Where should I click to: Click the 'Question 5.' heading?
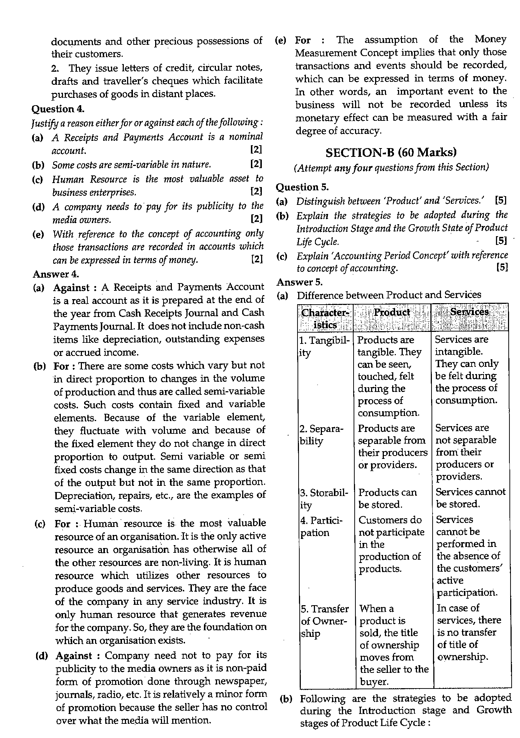coord(302,187)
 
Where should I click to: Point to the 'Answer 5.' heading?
coord(300,282)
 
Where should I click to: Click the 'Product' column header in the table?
coord(392,313)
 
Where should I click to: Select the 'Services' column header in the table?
coord(469,312)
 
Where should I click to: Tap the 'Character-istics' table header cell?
coord(325,318)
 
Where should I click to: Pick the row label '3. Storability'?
coord(324,499)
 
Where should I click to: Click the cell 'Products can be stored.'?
coord(387,499)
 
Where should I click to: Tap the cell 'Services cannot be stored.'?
coord(470,498)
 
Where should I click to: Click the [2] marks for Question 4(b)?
coord(256,164)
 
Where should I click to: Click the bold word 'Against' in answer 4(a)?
coord(71,287)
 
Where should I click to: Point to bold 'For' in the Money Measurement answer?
coord(303,40)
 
